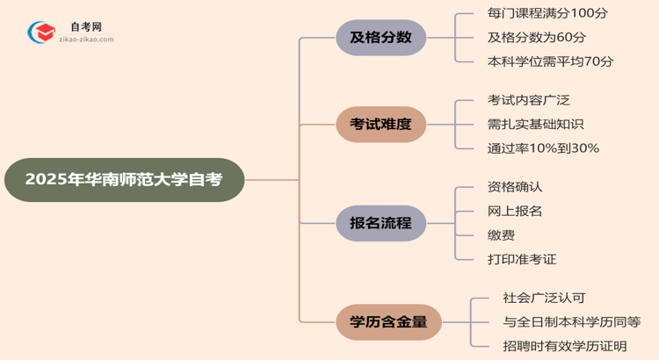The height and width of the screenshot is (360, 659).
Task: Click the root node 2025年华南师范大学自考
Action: tap(124, 180)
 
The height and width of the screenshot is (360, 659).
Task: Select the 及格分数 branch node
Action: tap(380, 38)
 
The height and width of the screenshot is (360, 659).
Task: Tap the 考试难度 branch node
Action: tap(380, 124)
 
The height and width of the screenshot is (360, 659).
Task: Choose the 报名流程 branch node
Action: tap(380, 222)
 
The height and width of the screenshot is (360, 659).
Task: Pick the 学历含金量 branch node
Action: tap(387, 321)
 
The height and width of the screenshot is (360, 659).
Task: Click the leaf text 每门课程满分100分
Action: tap(547, 14)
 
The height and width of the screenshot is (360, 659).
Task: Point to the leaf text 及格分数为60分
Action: tap(536, 38)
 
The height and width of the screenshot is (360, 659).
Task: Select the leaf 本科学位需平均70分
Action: tap(551, 61)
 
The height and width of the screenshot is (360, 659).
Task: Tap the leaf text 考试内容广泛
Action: tap(528, 100)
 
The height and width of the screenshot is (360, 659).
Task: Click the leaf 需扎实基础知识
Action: tap(535, 124)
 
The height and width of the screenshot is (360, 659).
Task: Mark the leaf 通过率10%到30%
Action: tap(543, 148)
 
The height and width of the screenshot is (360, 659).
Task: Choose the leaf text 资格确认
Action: tap(515, 187)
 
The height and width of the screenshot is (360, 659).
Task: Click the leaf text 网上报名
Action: tap(515, 211)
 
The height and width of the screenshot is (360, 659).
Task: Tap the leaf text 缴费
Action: tap(501, 235)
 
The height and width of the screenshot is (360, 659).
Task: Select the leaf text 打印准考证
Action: tap(522, 259)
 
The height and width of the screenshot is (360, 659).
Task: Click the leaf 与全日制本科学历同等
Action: tap(572, 322)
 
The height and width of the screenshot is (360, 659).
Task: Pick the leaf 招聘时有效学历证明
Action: tap(565, 346)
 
